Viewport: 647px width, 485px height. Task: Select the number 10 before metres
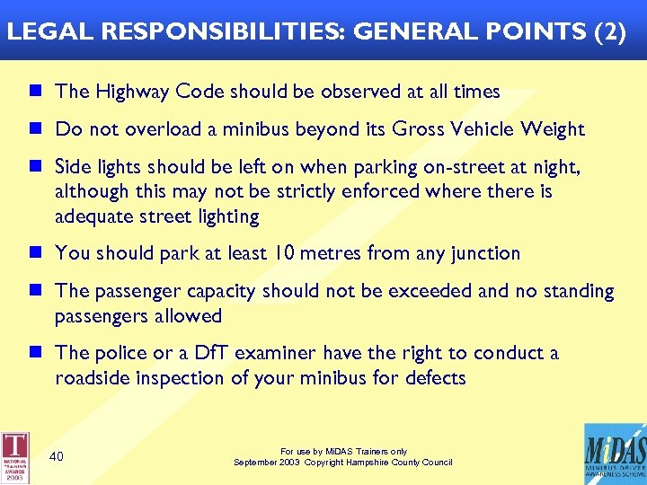[x=285, y=253]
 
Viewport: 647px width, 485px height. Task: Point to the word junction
[x=485, y=253]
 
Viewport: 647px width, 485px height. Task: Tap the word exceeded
[x=404, y=291]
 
